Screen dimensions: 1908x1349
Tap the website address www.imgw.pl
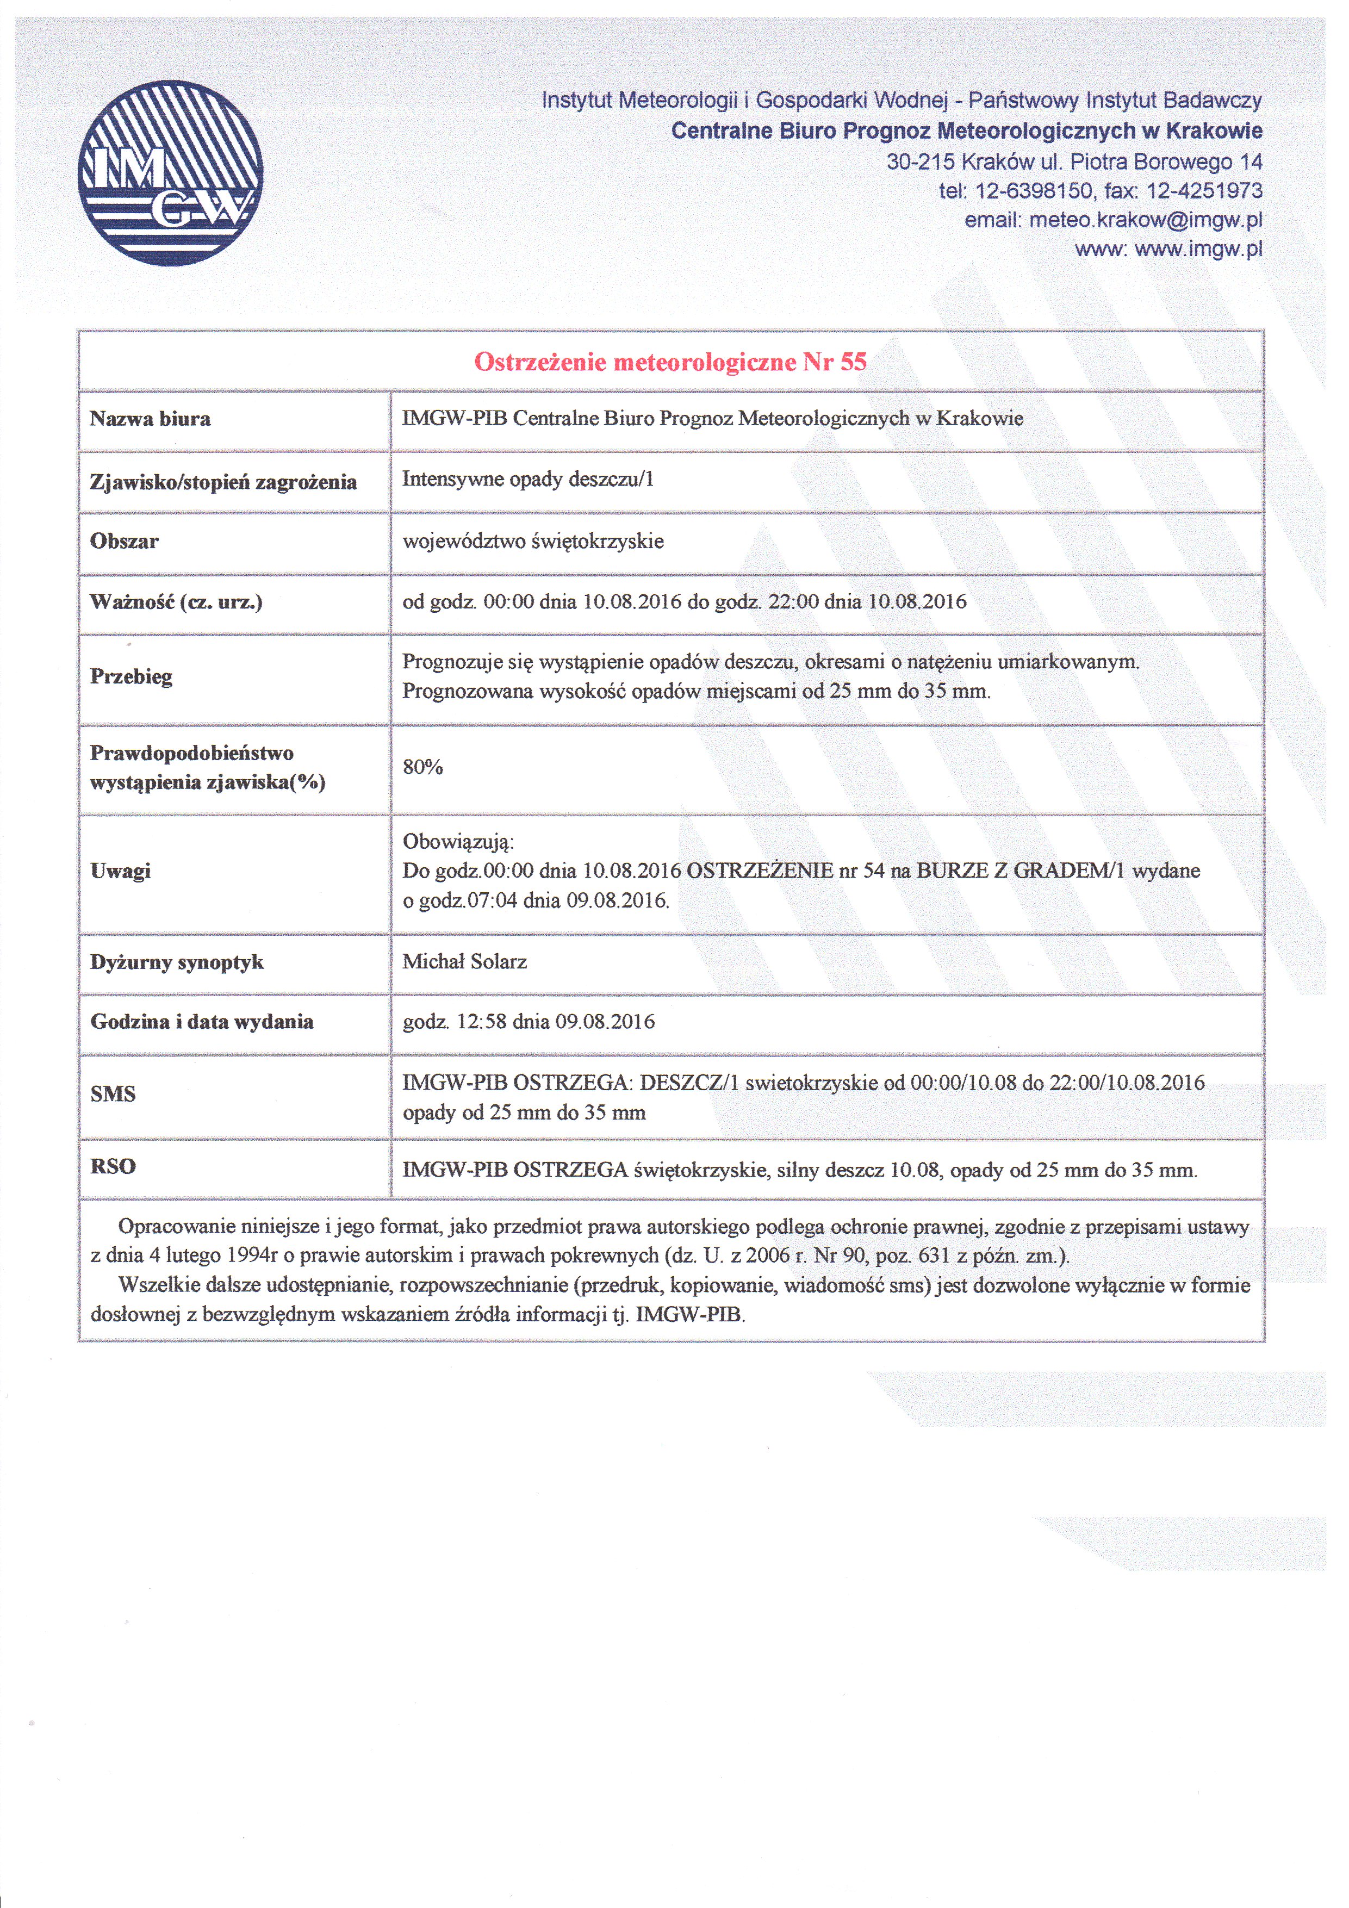click(1198, 248)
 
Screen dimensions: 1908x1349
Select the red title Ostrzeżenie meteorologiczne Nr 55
click(670, 362)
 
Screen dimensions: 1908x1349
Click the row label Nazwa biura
click(151, 419)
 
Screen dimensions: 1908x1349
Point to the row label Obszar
click(125, 541)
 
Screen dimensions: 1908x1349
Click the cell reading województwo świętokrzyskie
click(533, 541)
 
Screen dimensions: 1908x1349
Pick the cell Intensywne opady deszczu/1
click(528, 480)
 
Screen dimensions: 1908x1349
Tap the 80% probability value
click(422, 767)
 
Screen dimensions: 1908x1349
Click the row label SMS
click(113, 1095)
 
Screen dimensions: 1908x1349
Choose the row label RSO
click(113, 1167)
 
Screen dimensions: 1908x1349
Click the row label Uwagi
click(121, 871)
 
